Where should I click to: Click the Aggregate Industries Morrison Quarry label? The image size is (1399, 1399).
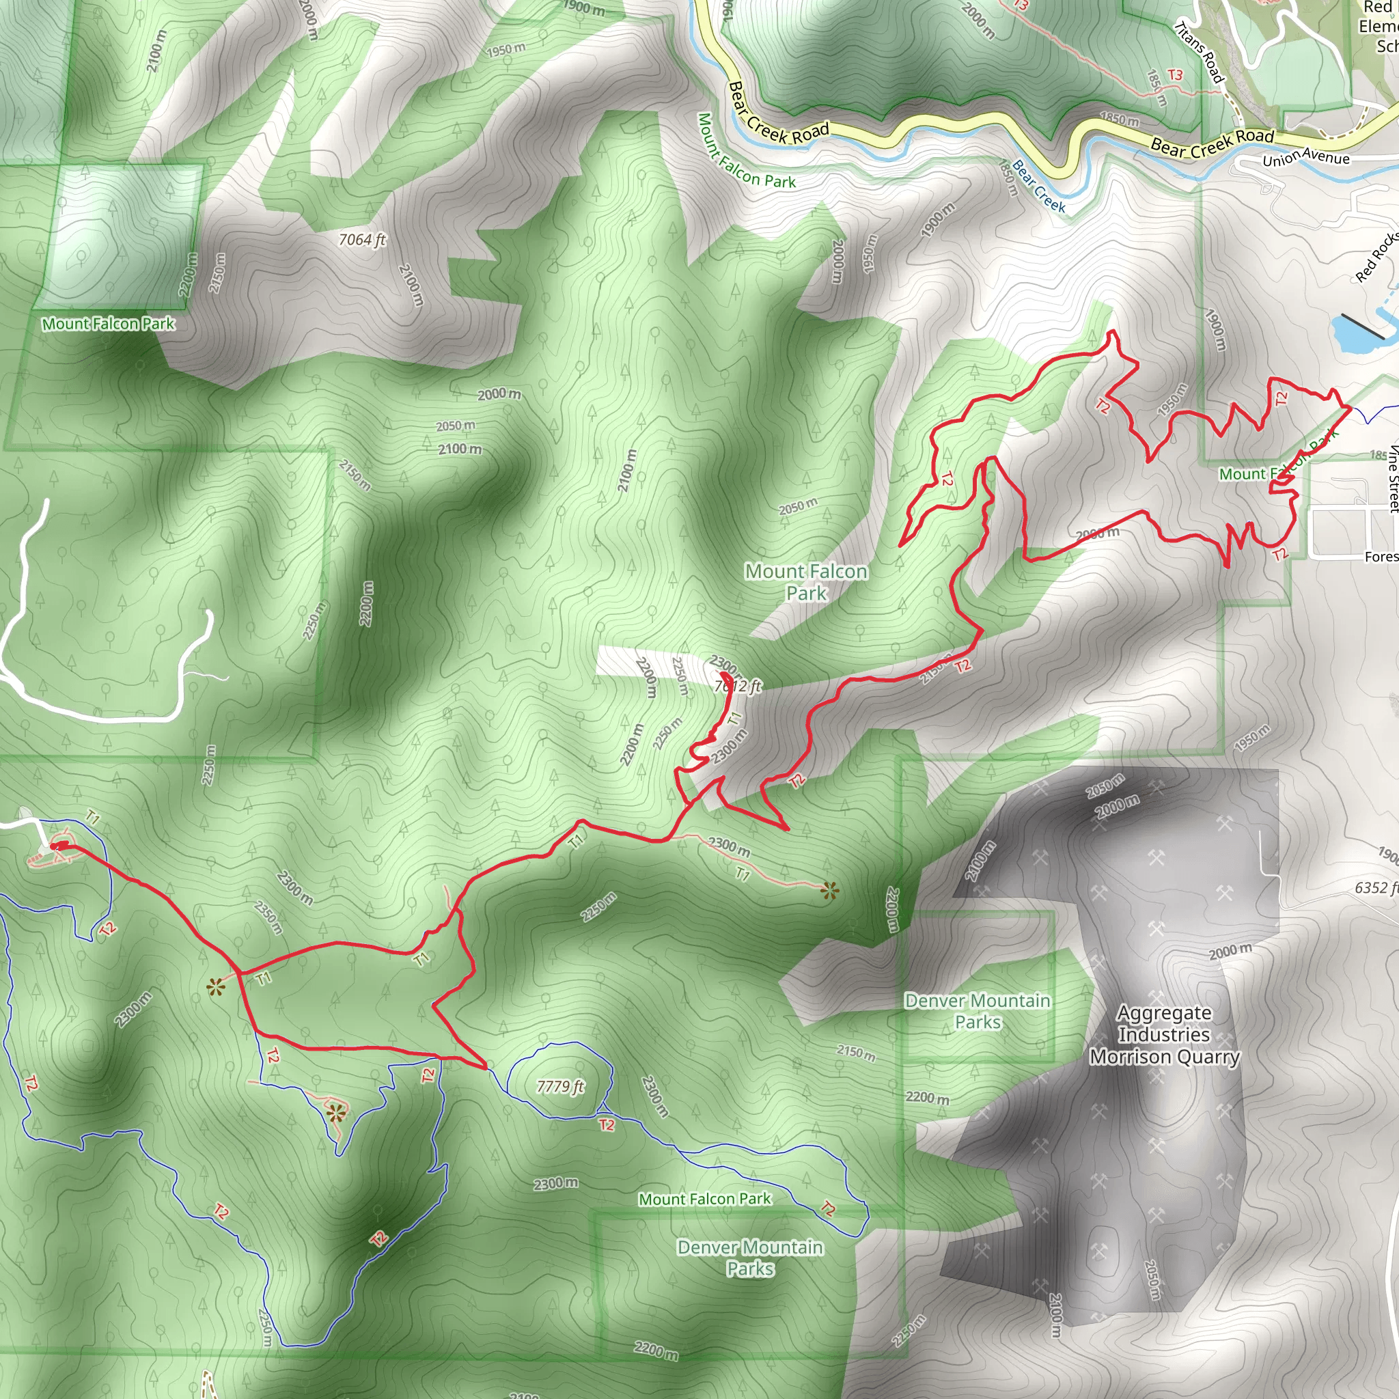[x=1165, y=1035]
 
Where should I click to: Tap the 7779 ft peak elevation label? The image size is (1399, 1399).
[x=559, y=1086]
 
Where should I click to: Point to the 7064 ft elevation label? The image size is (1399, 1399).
[x=362, y=240]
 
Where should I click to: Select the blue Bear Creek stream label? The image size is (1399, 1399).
[x=1039, y=186]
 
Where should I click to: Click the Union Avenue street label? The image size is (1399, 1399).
[x=1305, y=157]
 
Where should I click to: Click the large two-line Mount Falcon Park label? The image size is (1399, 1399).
[x=806, y=582]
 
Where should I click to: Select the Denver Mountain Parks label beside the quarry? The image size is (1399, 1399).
[x=977, y=1011]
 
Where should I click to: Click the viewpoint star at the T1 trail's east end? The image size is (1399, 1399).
[x=830, y=891]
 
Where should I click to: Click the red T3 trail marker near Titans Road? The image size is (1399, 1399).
[x=1174, y=75]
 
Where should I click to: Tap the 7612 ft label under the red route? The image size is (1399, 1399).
[x=738, y=686]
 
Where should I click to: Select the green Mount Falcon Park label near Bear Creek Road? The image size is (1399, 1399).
[x=745, y=152]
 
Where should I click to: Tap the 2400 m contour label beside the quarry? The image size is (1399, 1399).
[x=981, y=861]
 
